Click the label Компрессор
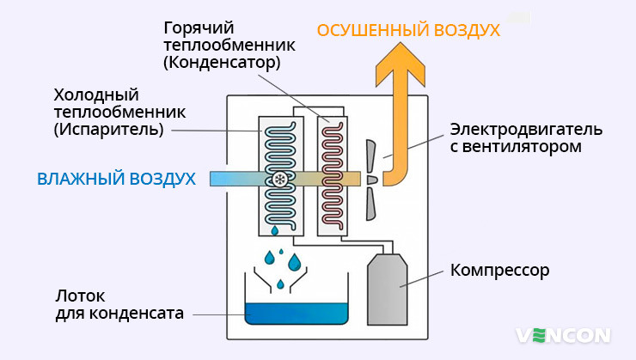[x=499, y=271]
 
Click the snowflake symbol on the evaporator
[x=280, y=179]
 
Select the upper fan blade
[x=370, y=153]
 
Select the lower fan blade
[x=370, y=204]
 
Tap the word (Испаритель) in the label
[x=107, y=130]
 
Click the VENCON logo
[x=563, y=334]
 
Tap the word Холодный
[x=96, y=94]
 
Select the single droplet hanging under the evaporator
[x=275, y=230]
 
